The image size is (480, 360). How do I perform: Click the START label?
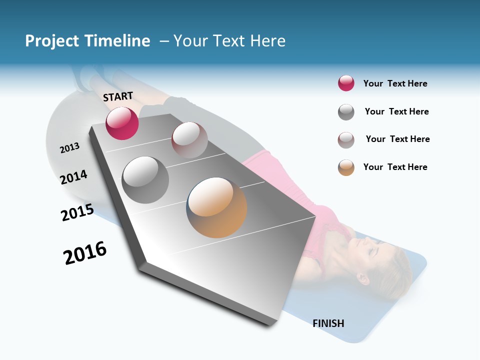[x=118, y=96]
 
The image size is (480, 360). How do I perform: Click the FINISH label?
[x=328, y=323]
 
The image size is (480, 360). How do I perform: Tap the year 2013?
[x=69, y=148]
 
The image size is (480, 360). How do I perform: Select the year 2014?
[x=73, y=177]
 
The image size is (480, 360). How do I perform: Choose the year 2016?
[x=85, y=253]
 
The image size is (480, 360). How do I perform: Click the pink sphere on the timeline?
[x=122, y=123]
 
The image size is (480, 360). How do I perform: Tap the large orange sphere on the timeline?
[x=216, y=207]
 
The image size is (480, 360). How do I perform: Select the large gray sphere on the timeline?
[x=145, y=179]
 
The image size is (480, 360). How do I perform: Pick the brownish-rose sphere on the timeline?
[x=189, y=140]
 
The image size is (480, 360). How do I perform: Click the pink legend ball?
[x=346, y=83]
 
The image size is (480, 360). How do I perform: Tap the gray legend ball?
[x=346, y=112]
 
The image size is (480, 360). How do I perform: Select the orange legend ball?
[x=346, y=167]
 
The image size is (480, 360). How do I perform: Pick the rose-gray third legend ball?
[x=346, y=140]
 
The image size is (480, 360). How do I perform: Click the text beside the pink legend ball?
[x=395, y=83]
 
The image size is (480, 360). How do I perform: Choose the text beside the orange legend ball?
[x=395, y=167]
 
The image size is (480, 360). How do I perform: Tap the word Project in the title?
[x=52, y=41]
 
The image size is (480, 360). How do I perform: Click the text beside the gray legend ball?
[x=396, y=111]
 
